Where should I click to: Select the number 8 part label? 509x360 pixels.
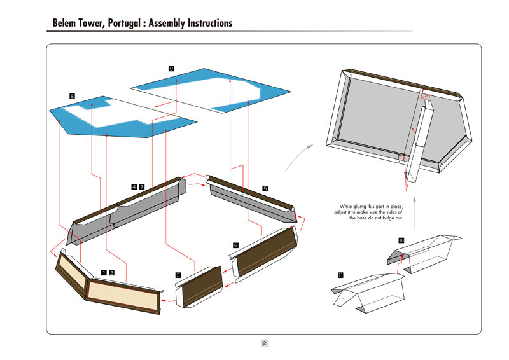pyautogui.click(x=73, y=96)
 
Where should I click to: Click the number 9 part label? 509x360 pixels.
pyautogui.click(x=171, y=67)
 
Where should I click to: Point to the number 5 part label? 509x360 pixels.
pyautogui.click(x=265, y=188)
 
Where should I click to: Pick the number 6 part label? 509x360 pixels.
pyautogui.click(x=235, y=245)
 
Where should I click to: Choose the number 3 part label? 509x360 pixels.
pyautogui.click(x=178, y=275)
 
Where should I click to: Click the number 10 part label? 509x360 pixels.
pyautogui.click(x=401, y=240)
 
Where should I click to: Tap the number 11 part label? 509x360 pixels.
pyautogui.click(x=341, y=275)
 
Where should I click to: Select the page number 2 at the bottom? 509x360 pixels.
pyautogui.click(x=265, y=343)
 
